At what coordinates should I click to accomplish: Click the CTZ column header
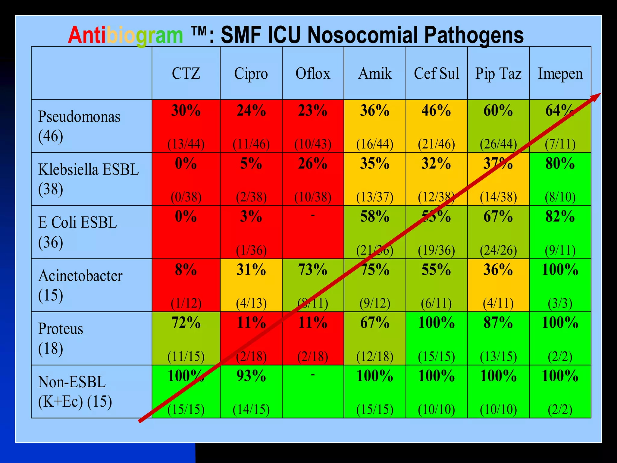coord(186,74)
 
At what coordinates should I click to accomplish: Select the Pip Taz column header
coord(498,74)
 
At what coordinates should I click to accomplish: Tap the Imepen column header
coord(560,74)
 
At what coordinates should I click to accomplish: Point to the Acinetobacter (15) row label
coord(80,285)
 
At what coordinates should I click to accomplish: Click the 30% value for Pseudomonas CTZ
coord(186,110)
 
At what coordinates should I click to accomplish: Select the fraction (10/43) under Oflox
coord(313,144)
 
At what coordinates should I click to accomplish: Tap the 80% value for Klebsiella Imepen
coord(560,163)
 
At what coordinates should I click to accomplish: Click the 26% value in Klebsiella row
coord(313,163)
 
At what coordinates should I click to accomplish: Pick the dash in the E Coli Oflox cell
coord(313,215)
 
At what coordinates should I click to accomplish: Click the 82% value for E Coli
coord(560,216)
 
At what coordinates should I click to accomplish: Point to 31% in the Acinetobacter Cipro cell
coord(251,269)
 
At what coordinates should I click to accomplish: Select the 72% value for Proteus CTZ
coord(186,323)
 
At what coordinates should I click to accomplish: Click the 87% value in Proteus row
coord(498,323)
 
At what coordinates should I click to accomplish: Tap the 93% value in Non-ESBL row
coord(251,376)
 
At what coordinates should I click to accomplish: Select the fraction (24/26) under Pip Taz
coord(498,250)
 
